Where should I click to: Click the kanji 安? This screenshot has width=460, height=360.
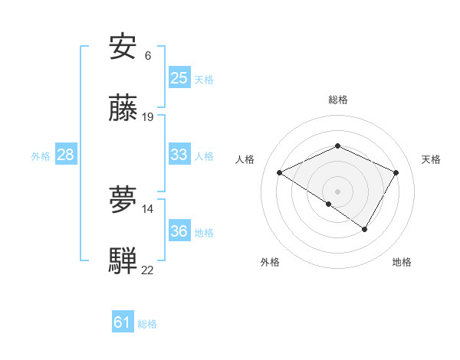[x=123, y=47]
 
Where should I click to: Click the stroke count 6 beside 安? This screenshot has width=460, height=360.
[x=148, y=56]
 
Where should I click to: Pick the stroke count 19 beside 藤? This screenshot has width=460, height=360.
[x=148, y=117]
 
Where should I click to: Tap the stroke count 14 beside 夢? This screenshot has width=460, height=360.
[x=148, y=208]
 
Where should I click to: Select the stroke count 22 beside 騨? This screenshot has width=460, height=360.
[x=148, y=270]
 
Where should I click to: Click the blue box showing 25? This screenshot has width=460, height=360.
[x=179, y=78]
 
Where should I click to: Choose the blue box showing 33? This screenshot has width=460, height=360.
[x=179, y=155]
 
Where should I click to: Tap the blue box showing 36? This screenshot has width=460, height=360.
[x=179, y=231]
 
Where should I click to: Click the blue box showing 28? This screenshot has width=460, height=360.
[x=65, y=155]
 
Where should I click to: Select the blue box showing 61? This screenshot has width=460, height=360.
[x=122, y=322]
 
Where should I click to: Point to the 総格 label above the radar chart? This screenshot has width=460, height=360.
[x=337, y=100]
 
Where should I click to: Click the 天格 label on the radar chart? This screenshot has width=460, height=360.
[x=431, y=159]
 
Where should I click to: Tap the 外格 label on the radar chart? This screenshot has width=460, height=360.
[x=270, y=262]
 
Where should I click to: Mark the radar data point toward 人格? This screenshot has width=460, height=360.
[x=280, y=173]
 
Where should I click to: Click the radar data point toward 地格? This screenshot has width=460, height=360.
[x=365, y=228]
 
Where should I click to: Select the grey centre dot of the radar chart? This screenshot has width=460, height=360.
[x=337, y=191]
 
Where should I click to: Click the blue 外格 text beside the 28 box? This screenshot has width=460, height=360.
[x=41, y=155]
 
